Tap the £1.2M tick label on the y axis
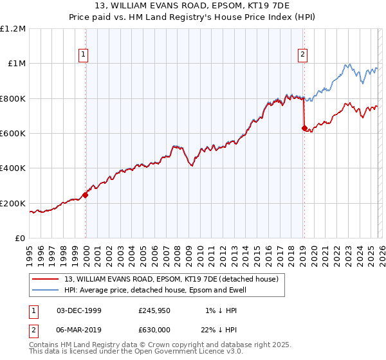coord(13,29)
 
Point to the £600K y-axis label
coord(13,134)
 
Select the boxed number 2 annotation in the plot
coord(302,55)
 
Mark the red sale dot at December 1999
coord(85,195)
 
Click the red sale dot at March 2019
coord(304,128)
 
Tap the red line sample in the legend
coord(46,280)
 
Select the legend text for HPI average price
coord(155,291)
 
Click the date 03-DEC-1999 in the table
coord(79,310)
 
